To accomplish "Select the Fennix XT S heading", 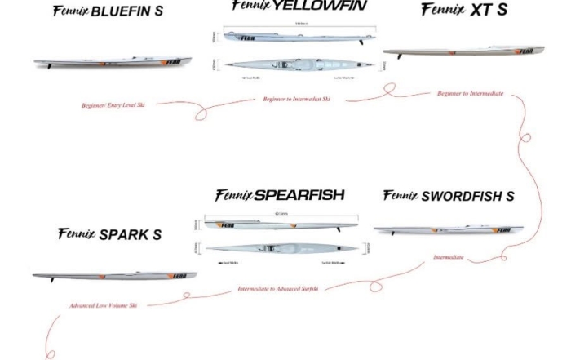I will pos(464,10).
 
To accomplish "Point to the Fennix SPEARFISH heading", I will pos(279,196).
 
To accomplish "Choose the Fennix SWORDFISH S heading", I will pos(448,196).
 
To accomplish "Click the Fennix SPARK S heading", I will pos(109,235).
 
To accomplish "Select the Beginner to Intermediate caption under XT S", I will pos(470,94).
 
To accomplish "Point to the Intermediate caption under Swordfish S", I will pos(448,257).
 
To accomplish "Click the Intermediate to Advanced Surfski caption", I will pos(278,289).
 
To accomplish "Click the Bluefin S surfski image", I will pos(113,62).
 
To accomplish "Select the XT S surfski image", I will pos(451,53).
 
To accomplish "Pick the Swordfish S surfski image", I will pos(448,230).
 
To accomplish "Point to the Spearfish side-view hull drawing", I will pos(281,224).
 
